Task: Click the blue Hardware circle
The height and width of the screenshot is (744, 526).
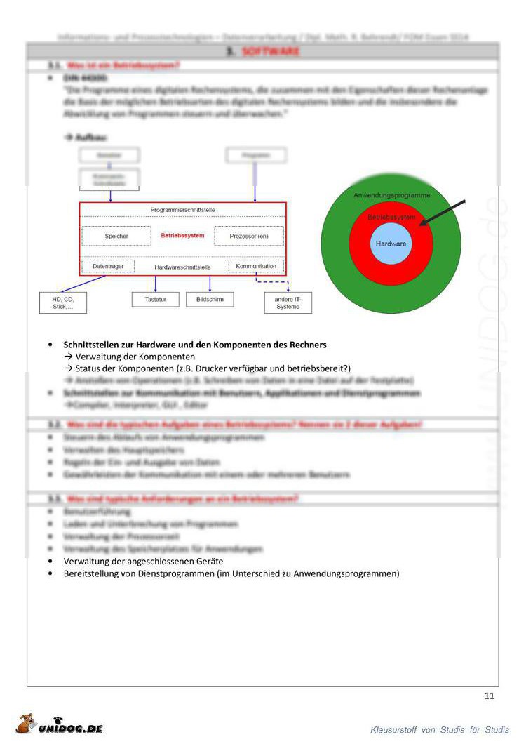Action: coord(391,244)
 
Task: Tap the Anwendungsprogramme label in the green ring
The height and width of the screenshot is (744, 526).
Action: coord(391,194)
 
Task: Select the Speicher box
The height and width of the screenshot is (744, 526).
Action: coord(116,237)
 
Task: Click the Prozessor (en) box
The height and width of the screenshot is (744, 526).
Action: coord(249,237)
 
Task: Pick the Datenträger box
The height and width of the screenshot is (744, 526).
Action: coord(107,267)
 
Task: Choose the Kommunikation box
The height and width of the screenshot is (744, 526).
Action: coord(256,267)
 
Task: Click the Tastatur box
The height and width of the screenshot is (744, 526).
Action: coord(155,300)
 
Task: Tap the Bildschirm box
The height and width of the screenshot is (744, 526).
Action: coord(209,300)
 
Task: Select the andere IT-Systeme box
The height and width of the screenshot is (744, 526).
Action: coord(288,303)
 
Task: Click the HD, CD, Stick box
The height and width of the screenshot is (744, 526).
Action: coord(62,303)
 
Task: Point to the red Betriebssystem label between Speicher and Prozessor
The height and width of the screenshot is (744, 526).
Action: coord(182,236)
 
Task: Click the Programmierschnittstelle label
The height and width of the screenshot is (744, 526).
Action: coord(182,210)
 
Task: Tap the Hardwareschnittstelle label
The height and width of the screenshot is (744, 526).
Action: coord(182,267)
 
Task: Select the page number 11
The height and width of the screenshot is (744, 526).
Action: coord(489,696)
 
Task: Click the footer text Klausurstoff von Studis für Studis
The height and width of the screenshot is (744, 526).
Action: coord(440,730)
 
